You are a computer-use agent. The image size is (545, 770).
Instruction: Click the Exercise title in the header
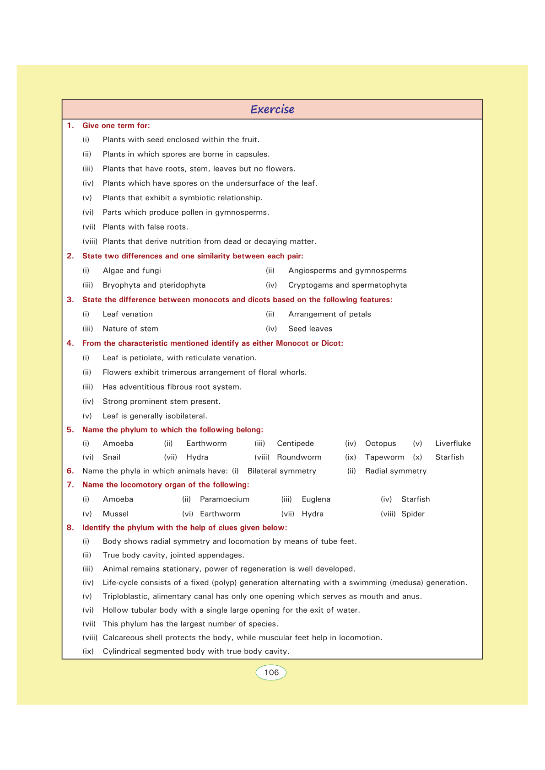pyautogui.click(x=272, y=109)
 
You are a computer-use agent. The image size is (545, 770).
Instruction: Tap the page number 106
pyautogui.click(x=271, y=673)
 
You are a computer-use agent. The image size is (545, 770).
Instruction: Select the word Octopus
pyautogui.click(x=380, y=444)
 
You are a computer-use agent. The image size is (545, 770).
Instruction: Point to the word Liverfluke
pyautogui.click(x=453, y=444)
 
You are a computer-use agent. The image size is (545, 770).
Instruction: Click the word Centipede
pyautogui.click(x=295, y=444)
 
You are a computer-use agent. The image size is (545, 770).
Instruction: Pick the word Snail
pyautogui.click(x=112, y=457)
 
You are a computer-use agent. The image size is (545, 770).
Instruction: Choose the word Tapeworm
pyautogui.click(x=384, y=457)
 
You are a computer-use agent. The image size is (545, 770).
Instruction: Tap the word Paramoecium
pyautogui.click(x=225, y=499)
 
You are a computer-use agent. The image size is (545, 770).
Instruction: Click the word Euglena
pyautogui.click(x=316, y=499)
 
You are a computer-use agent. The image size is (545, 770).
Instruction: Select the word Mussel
pyautogui.click(x=116, y=514)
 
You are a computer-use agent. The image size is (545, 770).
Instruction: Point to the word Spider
pyautogui.click(x=413, y=514)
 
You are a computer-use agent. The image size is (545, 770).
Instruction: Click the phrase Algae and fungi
pyautogui.click(x=132, y=271)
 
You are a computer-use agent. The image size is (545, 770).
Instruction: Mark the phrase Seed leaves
pyautogui.click(x=310, y=329)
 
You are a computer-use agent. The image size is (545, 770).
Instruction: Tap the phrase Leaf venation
pyautogui.click(x=128, y=314)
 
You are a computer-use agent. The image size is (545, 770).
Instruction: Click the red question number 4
pyautogui.click(x=70, y=343)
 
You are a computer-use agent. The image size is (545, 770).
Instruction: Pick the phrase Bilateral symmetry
pyautogui.click(x=282, y=471)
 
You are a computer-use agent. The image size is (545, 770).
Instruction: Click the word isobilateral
pyautogui.click(x=183, y=416)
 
